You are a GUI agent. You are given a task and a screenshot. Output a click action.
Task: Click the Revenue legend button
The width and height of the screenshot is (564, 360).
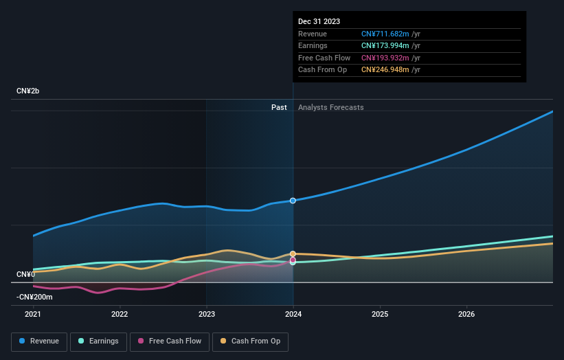[x=39, y=341]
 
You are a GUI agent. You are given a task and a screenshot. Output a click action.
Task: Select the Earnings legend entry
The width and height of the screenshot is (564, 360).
[x=98, y=341]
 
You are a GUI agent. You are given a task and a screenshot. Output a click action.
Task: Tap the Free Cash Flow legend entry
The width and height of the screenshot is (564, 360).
[x=170, y=341]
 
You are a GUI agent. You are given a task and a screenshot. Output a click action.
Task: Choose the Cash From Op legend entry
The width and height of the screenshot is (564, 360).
[x=250, y=341]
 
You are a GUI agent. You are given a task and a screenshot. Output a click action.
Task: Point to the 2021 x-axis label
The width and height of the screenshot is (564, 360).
[x=33, y=315]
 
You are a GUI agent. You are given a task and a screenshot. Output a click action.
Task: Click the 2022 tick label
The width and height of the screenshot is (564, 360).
[x=120, y=315]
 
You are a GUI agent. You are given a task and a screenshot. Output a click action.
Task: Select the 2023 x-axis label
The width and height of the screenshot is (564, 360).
[x=206, y=315]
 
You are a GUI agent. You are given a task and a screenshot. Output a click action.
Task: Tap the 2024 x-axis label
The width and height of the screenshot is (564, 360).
[x=293, y=315]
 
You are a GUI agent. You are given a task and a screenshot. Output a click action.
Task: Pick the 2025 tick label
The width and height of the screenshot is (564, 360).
[x=380, y=315]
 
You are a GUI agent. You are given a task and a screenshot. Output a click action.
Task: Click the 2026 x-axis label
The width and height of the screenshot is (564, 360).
[x=466, y=315]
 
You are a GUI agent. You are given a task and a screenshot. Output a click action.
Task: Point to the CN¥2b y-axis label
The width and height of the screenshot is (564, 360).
[x=28, y=91]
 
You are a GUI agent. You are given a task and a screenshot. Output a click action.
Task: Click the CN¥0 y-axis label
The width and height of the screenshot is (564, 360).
[x=25, y=274]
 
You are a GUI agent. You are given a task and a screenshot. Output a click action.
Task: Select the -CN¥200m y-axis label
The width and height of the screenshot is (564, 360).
[x=34, y=297]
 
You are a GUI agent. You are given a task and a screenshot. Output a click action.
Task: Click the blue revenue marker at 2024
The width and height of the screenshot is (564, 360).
[x=293, y=201]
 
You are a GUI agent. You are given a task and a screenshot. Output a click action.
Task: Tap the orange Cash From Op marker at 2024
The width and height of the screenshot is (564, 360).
[x=293, y=254]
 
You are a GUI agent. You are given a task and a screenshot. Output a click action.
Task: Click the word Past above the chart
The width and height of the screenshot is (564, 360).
[x=279, y=107]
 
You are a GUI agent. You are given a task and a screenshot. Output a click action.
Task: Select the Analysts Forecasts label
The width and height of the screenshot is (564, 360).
[x=330, y=107]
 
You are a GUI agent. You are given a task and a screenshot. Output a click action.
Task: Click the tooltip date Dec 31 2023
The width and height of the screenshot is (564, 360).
[x=319, y=22]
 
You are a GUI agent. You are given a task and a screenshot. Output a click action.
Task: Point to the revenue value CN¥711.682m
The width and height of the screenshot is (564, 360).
[x=385, y=34]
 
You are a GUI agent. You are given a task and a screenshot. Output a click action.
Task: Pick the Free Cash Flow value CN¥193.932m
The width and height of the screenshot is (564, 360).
[x=385, y=58]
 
